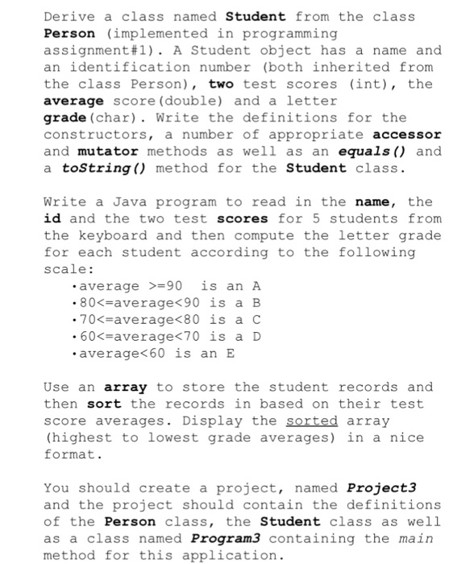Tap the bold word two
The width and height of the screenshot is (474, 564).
[x=222, y=84]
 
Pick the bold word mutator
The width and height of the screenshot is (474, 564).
[x=106, y=151]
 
